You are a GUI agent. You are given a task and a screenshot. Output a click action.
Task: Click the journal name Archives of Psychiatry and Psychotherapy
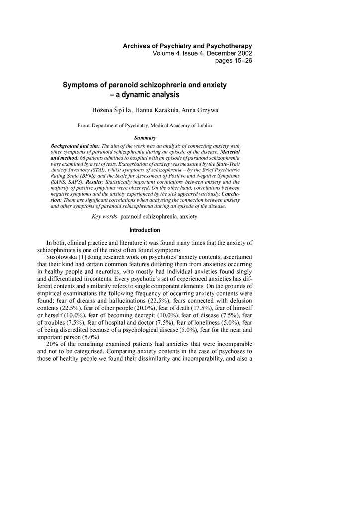pyautogui.click(x=187, y=46)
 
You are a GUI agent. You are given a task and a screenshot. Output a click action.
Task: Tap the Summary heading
pyautogui.click(x=145, y=138)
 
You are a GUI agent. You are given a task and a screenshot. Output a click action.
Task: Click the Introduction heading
pyautogui.click(x=145, y=230)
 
